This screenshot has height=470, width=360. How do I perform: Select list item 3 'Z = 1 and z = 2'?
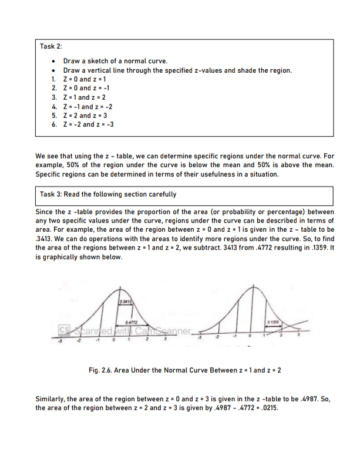(78, 97)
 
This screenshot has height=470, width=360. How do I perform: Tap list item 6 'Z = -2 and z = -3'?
(82, 124)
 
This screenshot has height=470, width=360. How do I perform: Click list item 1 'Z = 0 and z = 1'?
(78, 79)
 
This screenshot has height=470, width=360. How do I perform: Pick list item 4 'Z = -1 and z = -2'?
(82, 107)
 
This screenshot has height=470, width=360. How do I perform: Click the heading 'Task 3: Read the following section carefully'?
(107, 194)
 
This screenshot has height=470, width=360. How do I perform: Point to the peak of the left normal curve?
(120, 289)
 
